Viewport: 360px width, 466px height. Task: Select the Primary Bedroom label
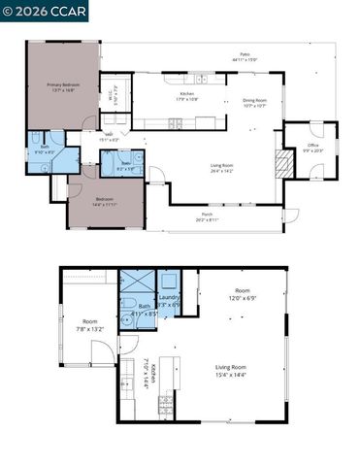[x=62, y=84]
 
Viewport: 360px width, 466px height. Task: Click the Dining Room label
[x=255, y=100]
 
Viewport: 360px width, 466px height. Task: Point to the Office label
[x=313, y=146]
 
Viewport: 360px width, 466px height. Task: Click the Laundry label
[x=169, y=298]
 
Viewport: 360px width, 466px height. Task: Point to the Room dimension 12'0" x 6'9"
[x=240, y=298]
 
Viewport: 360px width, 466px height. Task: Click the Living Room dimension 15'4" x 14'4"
[x=230, y=373]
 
